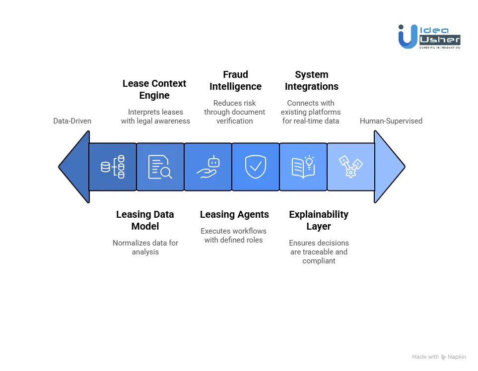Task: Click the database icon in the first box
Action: (113, 167)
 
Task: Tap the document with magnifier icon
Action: (160, 167)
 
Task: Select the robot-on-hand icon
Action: (207, 167)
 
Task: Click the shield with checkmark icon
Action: (255, 167)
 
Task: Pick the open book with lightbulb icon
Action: (303, 167)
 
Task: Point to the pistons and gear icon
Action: (350, 167)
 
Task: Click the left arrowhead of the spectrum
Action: (74, 167)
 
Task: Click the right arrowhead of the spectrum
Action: (390, 167)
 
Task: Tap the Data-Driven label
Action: (72, 121)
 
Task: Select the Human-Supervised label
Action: (391, 121)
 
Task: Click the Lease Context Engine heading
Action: (154, 89)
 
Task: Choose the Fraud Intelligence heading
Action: (235, 80)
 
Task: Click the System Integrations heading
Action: (312, 80)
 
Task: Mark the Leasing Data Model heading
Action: (145, 220)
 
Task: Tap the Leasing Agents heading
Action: (234, 215)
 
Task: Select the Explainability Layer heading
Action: (319, 220)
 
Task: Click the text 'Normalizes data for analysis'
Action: (145, 247)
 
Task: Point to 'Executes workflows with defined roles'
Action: (233, 235)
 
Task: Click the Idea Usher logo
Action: (429, 36)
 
